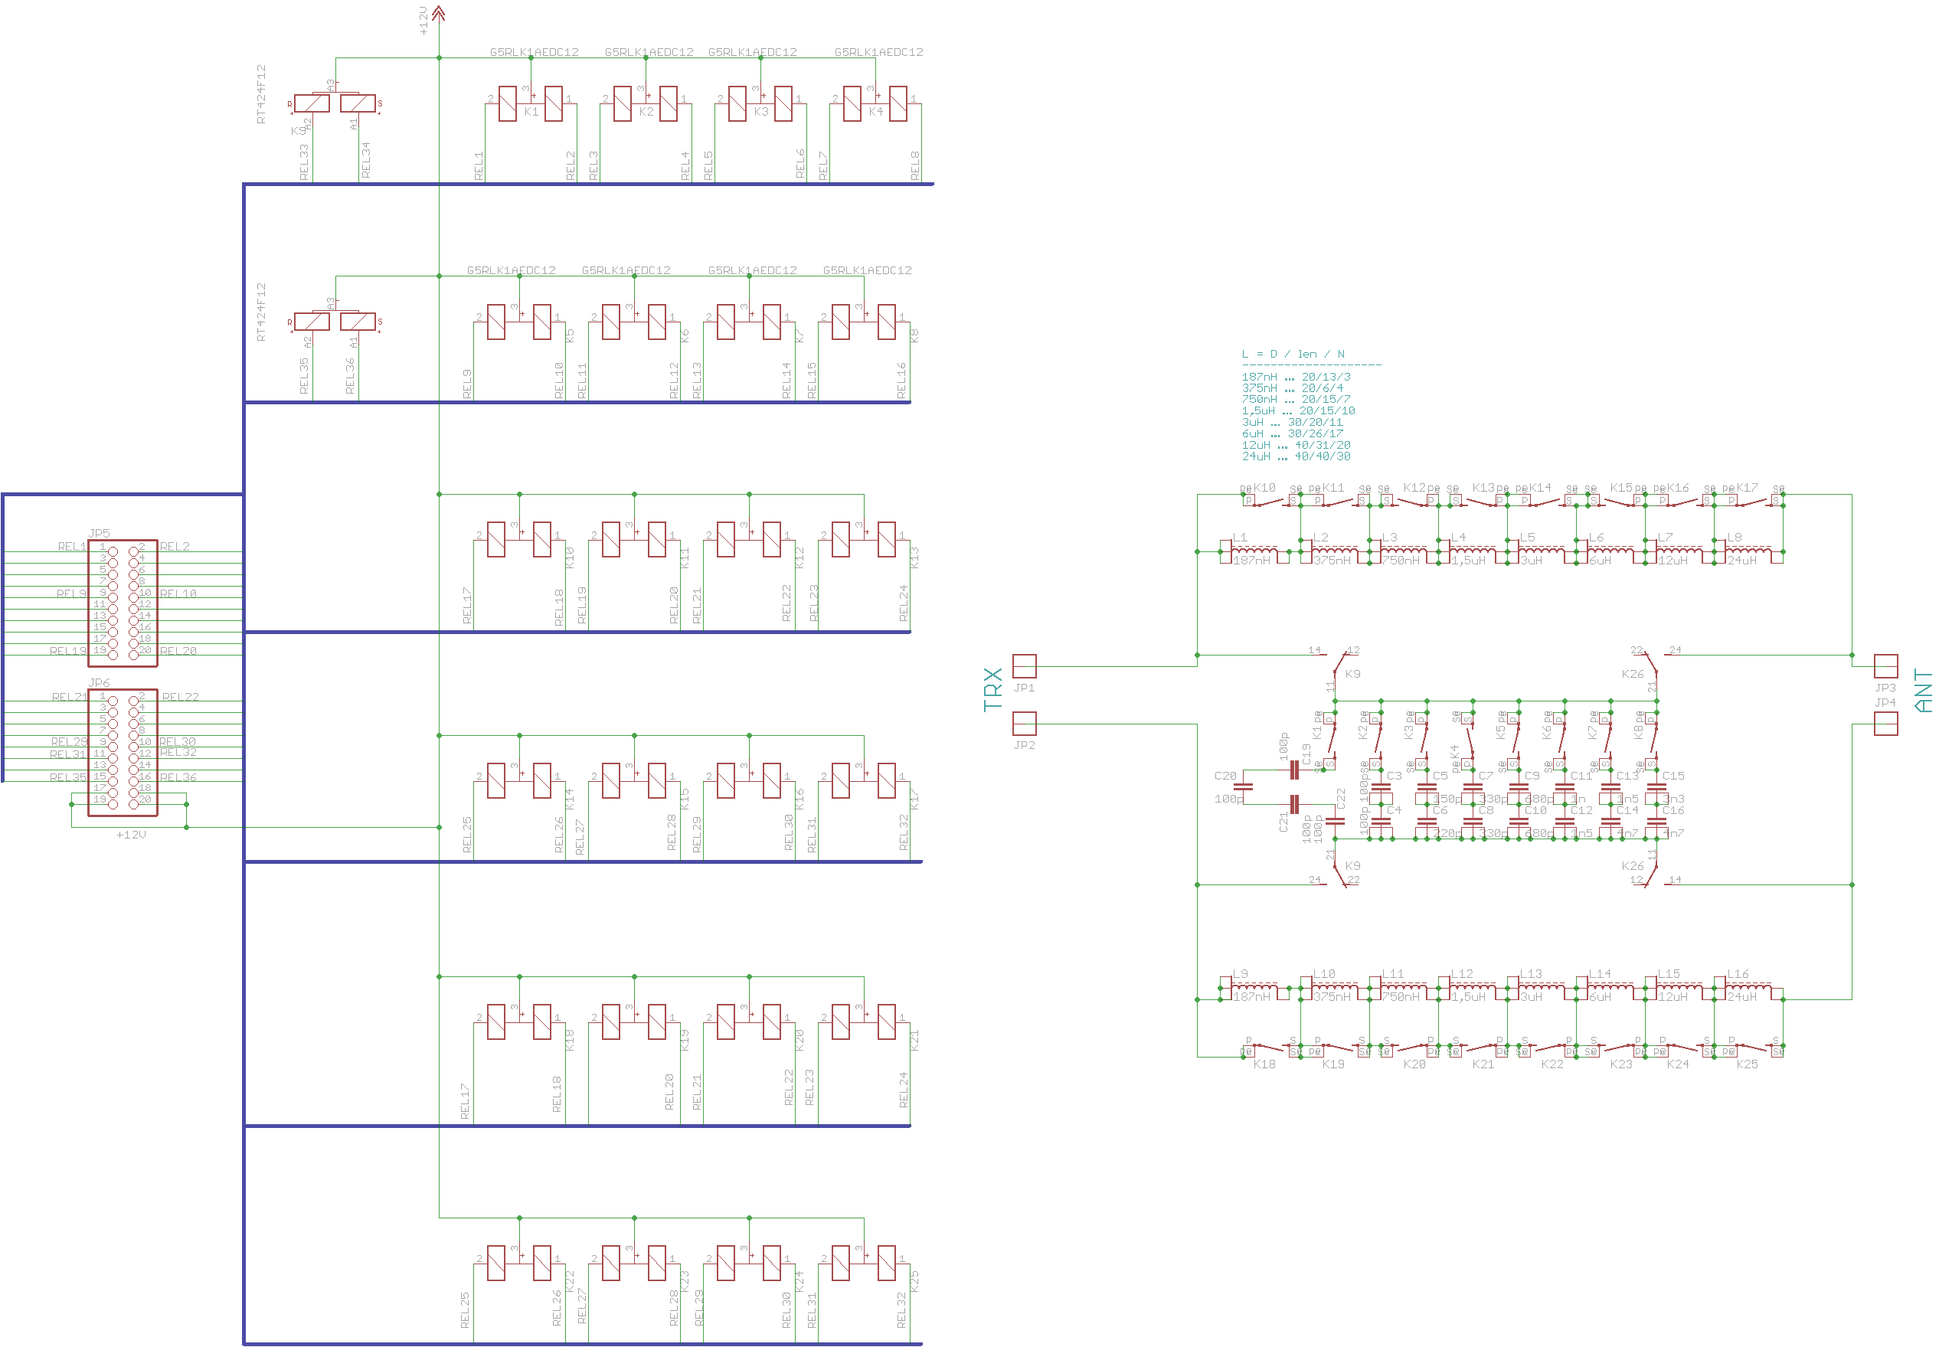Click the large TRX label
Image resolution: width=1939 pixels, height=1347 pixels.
993,689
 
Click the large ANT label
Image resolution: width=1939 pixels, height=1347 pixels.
1923,691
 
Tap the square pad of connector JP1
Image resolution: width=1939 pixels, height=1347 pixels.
1024,666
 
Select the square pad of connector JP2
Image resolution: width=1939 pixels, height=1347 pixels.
1024,724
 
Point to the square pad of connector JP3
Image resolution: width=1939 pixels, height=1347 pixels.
1886,666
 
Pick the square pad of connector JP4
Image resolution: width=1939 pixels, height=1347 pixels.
1886,724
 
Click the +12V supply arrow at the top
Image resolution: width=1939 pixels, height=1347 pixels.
438,13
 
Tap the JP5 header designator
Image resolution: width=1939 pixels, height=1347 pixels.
99,534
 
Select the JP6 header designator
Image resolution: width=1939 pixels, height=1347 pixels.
99,682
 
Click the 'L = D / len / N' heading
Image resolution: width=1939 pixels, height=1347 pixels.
1293,354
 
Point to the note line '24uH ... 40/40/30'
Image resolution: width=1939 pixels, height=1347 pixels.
1295,456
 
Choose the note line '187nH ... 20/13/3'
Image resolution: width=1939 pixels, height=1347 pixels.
1295,378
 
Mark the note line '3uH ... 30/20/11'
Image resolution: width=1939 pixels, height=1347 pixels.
1291,422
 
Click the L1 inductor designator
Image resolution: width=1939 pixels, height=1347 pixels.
1240,537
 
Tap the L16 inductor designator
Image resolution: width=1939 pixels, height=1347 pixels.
1738,974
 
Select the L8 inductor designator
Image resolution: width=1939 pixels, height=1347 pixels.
1734,537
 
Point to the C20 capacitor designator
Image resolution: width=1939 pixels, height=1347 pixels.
1225,776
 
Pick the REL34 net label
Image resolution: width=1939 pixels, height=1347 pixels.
365,159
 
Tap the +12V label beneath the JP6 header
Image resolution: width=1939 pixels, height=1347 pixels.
131,835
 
